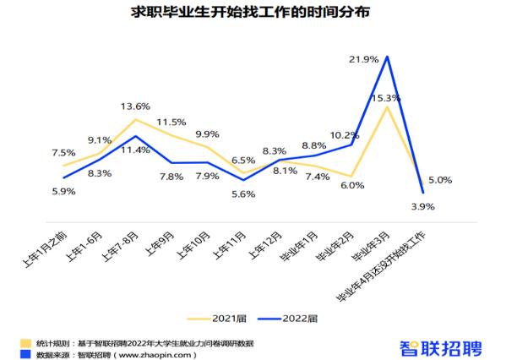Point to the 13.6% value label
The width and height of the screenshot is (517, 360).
tap(135, 106)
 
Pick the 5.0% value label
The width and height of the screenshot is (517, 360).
tap(440, 180)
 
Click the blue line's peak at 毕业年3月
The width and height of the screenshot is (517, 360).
tap(387, 57)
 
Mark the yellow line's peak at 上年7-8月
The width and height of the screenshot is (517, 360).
tap(135, 119)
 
